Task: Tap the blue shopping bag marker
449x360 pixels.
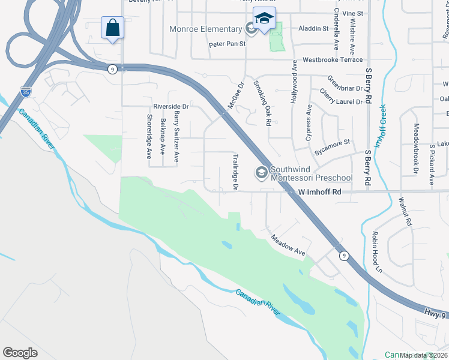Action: click(112, 28)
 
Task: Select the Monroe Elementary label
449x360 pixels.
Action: click(205, 29)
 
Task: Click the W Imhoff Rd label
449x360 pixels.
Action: click(319, 192)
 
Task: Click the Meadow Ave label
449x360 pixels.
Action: click(288, 247)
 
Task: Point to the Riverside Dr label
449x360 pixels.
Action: click(171, 106)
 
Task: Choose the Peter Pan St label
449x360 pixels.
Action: click(228, 44)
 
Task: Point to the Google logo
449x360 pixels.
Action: click(20, 353)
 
